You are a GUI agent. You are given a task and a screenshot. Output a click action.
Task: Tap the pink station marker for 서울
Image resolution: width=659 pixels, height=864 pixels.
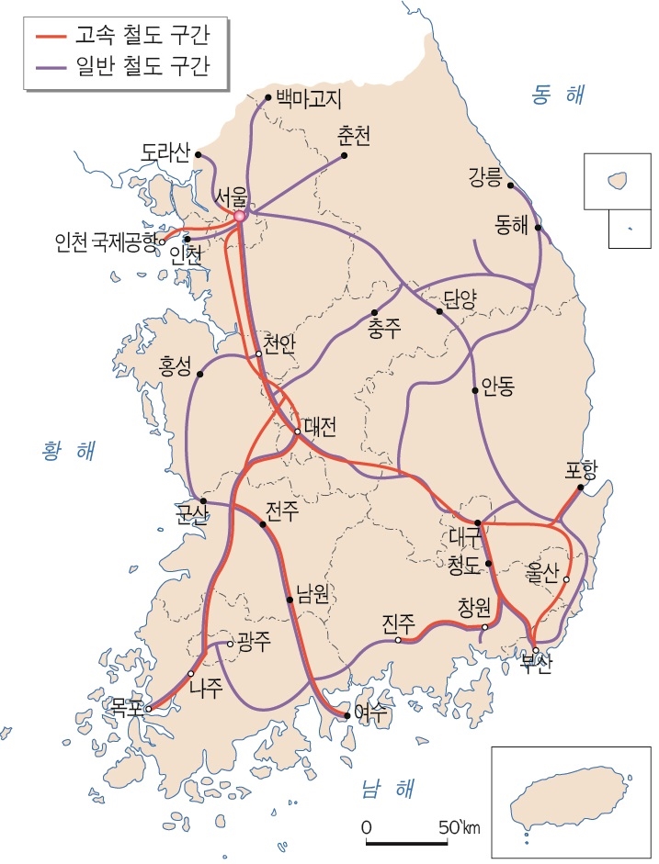(x=239, y=216)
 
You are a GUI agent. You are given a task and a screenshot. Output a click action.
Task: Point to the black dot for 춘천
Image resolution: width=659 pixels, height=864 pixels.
(x=345, y=156)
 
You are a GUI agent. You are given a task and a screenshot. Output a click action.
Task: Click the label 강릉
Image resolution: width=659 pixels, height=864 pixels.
(x=485, y=176)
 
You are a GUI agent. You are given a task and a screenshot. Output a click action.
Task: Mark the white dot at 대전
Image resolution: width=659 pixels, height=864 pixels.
(x=298, y=432)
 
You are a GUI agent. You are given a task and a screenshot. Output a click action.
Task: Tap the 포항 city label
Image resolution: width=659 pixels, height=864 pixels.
(x=582, y=472)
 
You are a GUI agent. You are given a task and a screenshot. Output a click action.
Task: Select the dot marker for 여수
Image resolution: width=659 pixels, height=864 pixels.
(x=347, y=714)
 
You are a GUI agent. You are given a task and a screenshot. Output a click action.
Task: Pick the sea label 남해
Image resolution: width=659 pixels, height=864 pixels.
(x=387, y=787)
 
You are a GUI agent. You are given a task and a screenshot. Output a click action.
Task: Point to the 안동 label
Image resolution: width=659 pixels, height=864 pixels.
(x=497, y=389)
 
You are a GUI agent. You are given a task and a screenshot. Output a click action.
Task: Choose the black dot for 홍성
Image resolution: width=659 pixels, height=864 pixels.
(x=199, y=375)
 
